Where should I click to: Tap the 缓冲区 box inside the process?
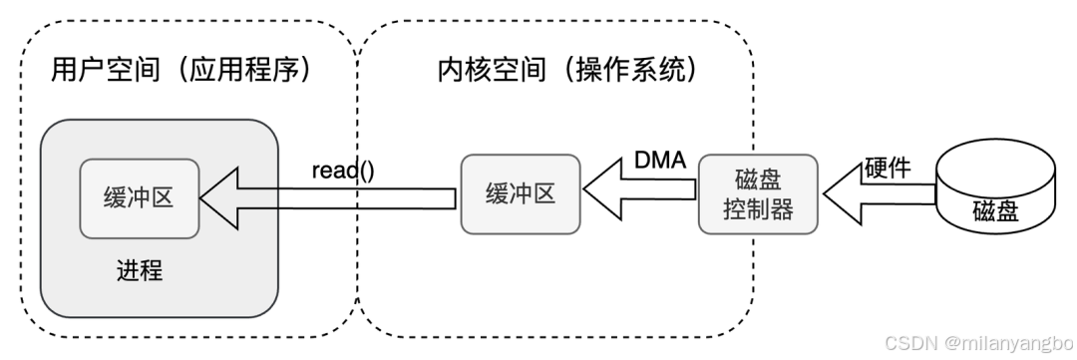[x=139, y=197]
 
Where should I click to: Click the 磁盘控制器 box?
[x=757, y=193]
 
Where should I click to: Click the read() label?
[x=342, y=170]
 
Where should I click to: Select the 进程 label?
[x=139, y=269]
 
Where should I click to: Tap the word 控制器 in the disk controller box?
[x=757, y=209]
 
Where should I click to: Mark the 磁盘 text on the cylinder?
[x=995, y=211]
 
